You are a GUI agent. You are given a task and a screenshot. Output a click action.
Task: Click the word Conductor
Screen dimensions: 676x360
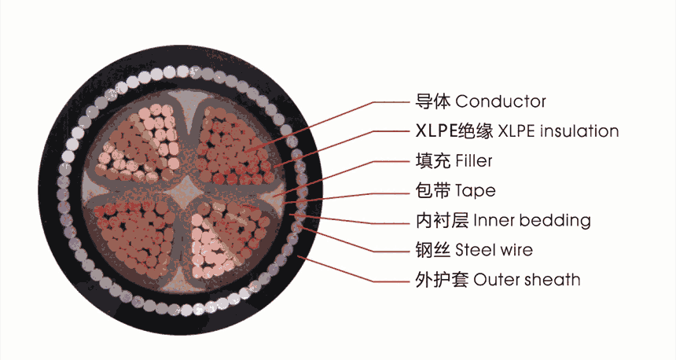point(501,101)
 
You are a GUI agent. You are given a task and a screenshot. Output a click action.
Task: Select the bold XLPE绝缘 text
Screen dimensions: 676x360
point(454,130)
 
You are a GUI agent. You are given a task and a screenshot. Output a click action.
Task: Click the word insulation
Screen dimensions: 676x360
point(579,130)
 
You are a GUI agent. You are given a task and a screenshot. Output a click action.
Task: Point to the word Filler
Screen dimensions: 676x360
point(473,161)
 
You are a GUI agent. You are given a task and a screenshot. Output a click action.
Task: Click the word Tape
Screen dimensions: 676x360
point(475,191)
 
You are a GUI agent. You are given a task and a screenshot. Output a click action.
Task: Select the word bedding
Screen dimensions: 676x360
point(555,220)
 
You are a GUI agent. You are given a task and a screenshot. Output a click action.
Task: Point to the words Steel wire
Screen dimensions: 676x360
point(494,250)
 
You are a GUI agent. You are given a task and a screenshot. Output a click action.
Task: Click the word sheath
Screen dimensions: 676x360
point(553,280)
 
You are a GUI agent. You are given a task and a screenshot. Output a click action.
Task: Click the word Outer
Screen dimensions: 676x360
point(497,280)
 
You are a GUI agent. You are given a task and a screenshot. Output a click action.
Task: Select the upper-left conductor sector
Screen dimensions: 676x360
point(139,145)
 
